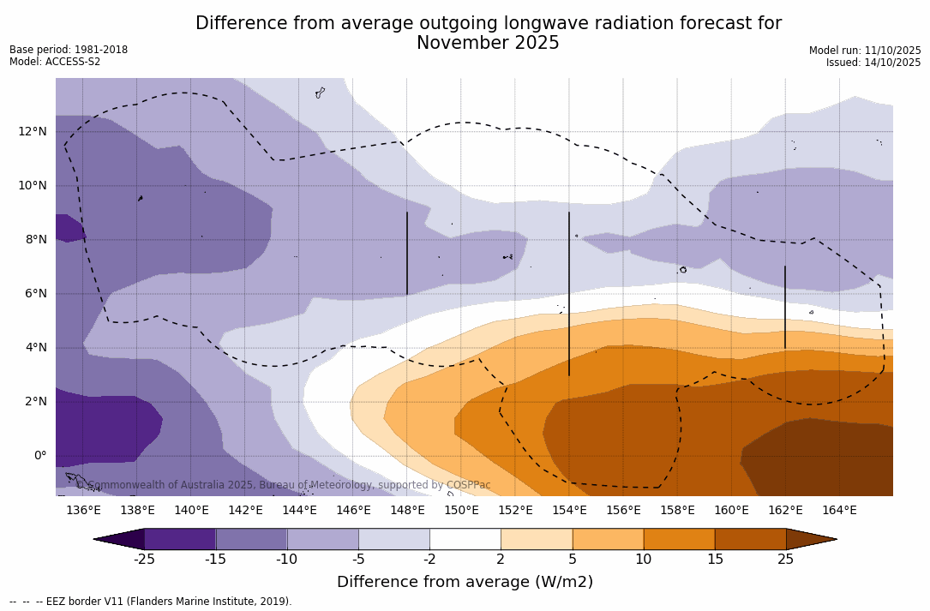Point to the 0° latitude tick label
tap(39, 455)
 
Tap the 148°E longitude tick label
tap(407, 510)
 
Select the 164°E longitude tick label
tap(839, 510)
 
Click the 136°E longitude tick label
tap(83, 510)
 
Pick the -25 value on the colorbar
tap(144, 560)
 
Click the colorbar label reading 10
tap(643, 560)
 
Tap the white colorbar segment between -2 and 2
tap(465, 539)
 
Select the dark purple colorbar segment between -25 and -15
tap(180, 539)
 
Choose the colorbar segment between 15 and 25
tap(750, 539)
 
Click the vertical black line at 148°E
tap(407, 254)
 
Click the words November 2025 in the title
tap(488, 43)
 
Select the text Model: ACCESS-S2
tap(55, 62)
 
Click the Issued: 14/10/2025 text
tap(873, 63)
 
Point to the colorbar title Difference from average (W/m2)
tap(465, 582)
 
